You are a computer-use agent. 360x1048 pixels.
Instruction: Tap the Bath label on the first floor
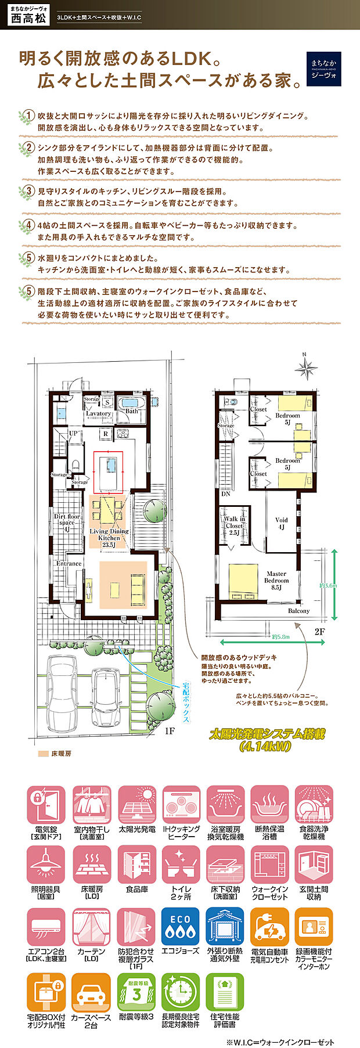[132, 411]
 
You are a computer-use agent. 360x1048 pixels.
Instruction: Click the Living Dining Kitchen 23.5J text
[109, 538]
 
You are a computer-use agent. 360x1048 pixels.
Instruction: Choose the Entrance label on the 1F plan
[69, 564]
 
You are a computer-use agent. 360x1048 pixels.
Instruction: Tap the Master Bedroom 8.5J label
[276, 581]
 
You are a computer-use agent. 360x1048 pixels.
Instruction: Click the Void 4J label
[281, 524]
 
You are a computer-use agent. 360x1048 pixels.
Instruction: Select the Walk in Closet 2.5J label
[235, 525]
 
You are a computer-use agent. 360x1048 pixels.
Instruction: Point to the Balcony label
[299, 611]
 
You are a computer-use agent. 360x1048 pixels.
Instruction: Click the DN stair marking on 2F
[225, 495]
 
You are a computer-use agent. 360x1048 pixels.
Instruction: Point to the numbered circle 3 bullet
[27, 192]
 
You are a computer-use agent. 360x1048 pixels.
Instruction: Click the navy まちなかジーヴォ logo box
[323, 69]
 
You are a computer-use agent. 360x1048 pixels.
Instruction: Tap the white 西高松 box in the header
[27, 17]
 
